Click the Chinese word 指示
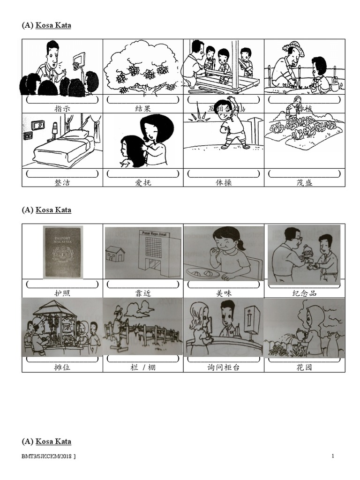coord(62,109)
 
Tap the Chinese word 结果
coord(143,109)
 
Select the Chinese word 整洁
coord(62,182)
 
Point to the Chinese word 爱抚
coord(143,182)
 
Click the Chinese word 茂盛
coord(305,182)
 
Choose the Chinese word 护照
coord(62,293)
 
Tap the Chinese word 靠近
coord(143,293)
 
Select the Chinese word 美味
coord(224,293)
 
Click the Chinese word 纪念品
coord(305,293)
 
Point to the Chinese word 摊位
coord(62,367)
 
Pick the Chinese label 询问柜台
coord(224,367)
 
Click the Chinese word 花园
coord(305,367)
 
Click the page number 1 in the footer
coord(332,456)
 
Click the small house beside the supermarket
coord(115,254)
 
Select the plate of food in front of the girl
coord(203,272)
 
